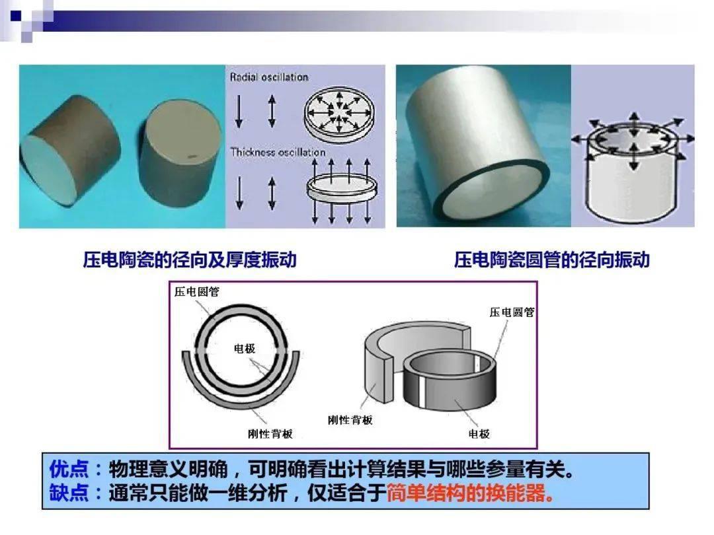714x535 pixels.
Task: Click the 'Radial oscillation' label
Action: (269, 77)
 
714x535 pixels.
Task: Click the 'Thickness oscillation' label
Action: (278, 152)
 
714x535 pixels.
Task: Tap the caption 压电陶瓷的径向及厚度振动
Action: (190, 260)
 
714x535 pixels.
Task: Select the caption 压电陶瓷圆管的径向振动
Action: (551, 260)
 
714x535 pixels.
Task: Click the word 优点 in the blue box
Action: (69, 468)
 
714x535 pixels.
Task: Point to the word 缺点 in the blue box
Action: (69, 493)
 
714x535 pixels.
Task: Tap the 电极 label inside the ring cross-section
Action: (245, 349)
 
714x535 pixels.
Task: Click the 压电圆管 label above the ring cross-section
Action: (197, 292)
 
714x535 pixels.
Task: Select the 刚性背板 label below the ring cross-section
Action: (270, 434)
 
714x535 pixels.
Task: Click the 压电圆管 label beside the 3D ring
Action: (512, 312)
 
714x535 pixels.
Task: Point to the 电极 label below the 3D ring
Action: (479, 434)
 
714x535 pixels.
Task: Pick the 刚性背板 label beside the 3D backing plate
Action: (350, 420)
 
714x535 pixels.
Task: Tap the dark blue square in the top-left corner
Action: (17, 16)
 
